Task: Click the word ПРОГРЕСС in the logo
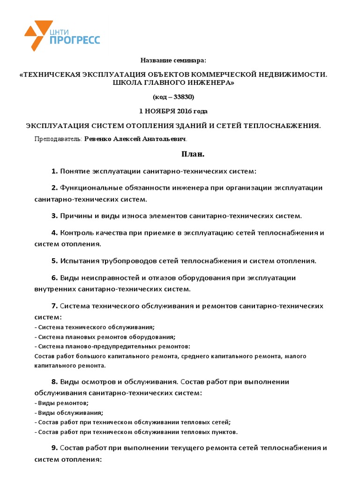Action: point(75,40)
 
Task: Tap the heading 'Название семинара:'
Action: point(173,61)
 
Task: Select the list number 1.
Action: point(54,171)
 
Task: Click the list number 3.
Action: point(54,216)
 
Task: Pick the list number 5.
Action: point(54,261)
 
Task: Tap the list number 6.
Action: point(54,278)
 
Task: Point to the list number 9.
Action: point(54,448)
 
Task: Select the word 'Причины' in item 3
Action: point(75,216)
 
